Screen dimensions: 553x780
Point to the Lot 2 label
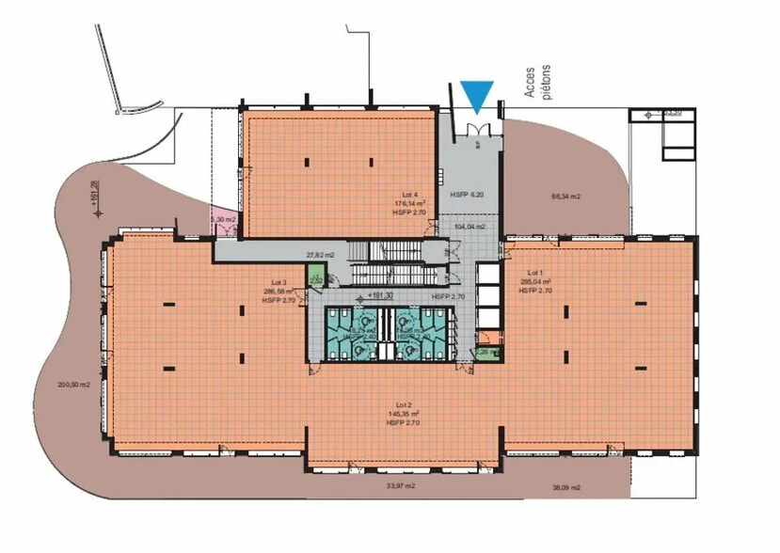[x=402, y=404]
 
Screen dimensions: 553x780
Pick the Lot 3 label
[x=278, y=283]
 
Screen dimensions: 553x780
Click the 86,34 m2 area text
[x=565, y=197]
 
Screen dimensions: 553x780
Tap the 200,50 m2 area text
[x=73, y=384]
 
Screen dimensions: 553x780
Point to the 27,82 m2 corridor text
[x=322, y=254]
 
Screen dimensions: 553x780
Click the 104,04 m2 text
[x=469, y=227]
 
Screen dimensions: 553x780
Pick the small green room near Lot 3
[x=315, y=276]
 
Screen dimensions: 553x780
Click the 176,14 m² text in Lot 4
[x=410, y=203]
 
